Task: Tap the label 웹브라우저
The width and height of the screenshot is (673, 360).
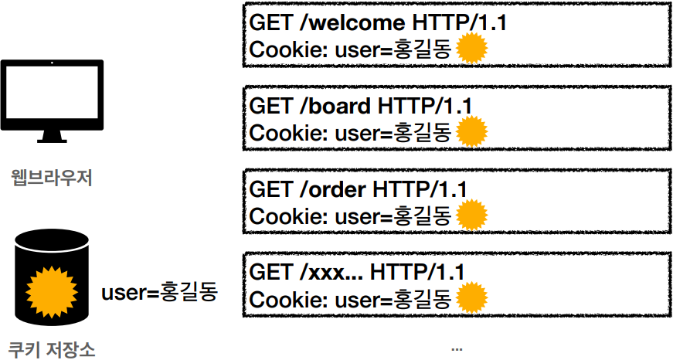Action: (x=53, y=178)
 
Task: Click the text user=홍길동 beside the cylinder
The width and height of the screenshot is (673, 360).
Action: (x=160, y=293)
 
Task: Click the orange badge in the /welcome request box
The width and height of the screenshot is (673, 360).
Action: (x=472, y=50)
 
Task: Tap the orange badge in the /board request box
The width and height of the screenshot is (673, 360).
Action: (x=472, y=132)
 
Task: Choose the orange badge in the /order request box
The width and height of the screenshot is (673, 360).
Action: (x=472, y=216)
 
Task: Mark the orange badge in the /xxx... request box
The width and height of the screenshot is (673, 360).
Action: (x=472, y=298)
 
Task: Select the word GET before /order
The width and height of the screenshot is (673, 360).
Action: (x=270, y=188)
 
